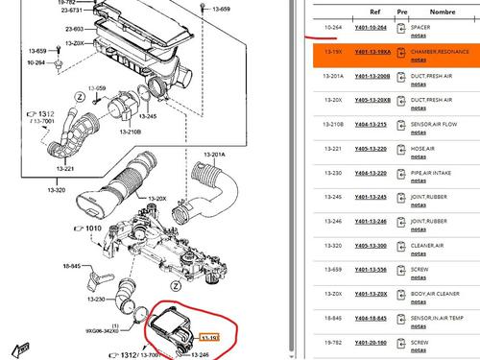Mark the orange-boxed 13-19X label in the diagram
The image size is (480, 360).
tap(209, 337)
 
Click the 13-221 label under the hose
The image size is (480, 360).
tap(66, 169)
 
